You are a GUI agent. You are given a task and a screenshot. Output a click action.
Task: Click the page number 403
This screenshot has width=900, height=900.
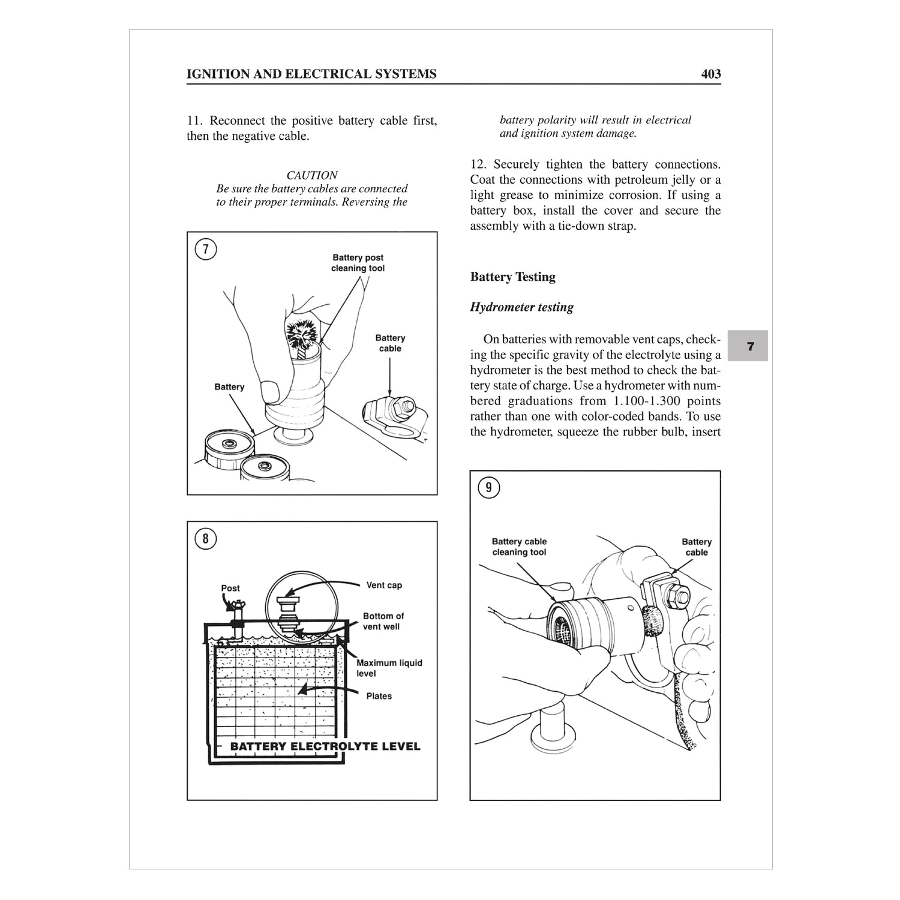pyautogui.click(x=710, y=74)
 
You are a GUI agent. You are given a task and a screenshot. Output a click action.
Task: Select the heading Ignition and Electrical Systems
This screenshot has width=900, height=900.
pyautogui.click(x=311, y=74)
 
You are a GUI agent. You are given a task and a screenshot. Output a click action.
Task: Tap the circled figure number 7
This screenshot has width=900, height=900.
pyautogui.click(x=206, y=249)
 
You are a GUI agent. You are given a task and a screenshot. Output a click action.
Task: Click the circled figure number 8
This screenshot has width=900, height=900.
pyautogui.click(x=206, y=539)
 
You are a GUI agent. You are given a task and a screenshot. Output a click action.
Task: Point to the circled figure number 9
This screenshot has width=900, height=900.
pyautogui.click(x=488, y=488)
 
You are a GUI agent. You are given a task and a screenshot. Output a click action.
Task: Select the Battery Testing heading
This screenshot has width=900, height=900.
pyautogui.click(x=512, y=277)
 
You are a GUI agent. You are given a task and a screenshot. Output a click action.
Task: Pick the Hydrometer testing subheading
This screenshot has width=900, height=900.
pyautogui.click(x=521, y=307)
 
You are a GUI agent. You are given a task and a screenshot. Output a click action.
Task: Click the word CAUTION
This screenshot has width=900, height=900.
pyautogui.click(x=311, y=175)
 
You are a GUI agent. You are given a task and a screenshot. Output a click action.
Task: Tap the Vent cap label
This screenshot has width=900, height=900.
pyautogui.click(x=384, y=585)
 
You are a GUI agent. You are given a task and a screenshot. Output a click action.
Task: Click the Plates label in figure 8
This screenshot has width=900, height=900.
pyautogui.click(x=379, y=696)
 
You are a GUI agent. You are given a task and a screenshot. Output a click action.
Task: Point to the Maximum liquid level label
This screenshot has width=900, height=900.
pyautogui.click(x=389, y=668)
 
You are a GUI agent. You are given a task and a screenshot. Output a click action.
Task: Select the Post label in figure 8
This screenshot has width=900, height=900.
pyautogui.click(x=230, y=588)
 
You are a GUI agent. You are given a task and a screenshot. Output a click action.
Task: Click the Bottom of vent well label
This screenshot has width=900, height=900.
pyautogui.click(x=383, y=621)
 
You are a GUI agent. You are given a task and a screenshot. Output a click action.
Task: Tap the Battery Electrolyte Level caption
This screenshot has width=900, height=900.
pyautogui.click(x=325, y=746)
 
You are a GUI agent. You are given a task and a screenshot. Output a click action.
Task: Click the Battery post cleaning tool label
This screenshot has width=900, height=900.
pyautogui.click(x=358, y=263)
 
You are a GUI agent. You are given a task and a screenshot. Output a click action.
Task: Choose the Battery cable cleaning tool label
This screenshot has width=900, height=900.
pyautogui.click(x=519, y=547)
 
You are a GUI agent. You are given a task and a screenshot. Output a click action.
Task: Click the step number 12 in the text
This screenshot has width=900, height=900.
pyautogui.click(x=477, y=164)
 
